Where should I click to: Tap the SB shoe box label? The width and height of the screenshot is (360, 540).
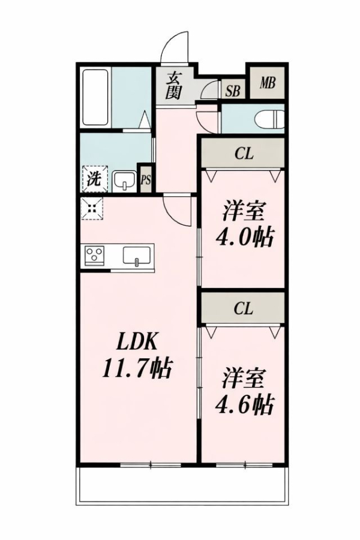tap(233, 91)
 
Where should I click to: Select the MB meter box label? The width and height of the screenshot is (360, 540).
tap(268, 83)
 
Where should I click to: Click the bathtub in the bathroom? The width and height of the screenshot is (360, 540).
tap(96, 98)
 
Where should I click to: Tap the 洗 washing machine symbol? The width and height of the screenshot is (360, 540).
tap(94, 179)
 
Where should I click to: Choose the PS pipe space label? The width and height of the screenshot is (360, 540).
tap(146, 180)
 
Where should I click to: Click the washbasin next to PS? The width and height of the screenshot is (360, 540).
tap(125, 181)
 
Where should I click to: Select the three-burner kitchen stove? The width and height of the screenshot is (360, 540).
tap(94, 256)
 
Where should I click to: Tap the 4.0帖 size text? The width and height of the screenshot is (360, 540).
tap(245, 237)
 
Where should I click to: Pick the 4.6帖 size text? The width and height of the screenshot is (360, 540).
tap(245, 405)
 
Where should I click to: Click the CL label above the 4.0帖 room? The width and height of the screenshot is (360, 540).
tap(244, 154)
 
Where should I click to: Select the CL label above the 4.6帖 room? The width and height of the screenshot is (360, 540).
tap(244, 308)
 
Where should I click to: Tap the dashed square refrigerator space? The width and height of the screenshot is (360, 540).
tap(92, 208)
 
